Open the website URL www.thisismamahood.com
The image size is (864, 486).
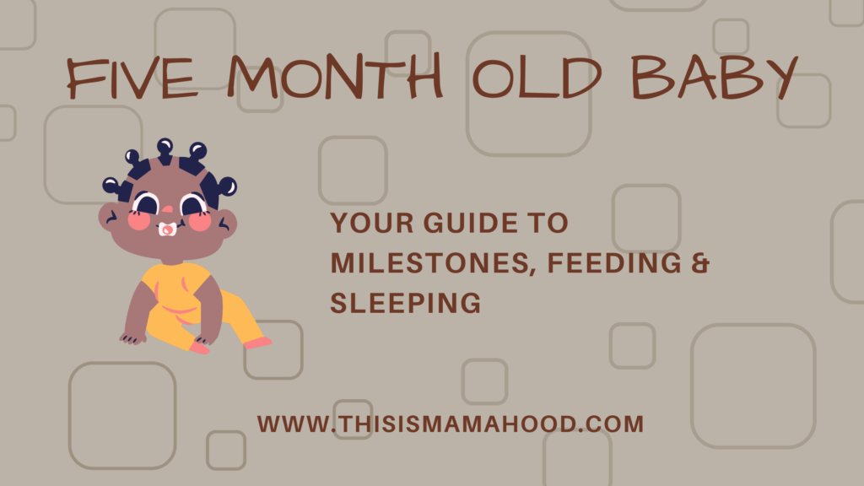pos(451,424)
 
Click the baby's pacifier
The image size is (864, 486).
pos(167,229)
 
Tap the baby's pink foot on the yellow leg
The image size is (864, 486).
pos(256,343)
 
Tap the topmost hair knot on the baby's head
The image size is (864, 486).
pos(165,147)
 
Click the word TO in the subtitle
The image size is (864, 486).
pos(553,224)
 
